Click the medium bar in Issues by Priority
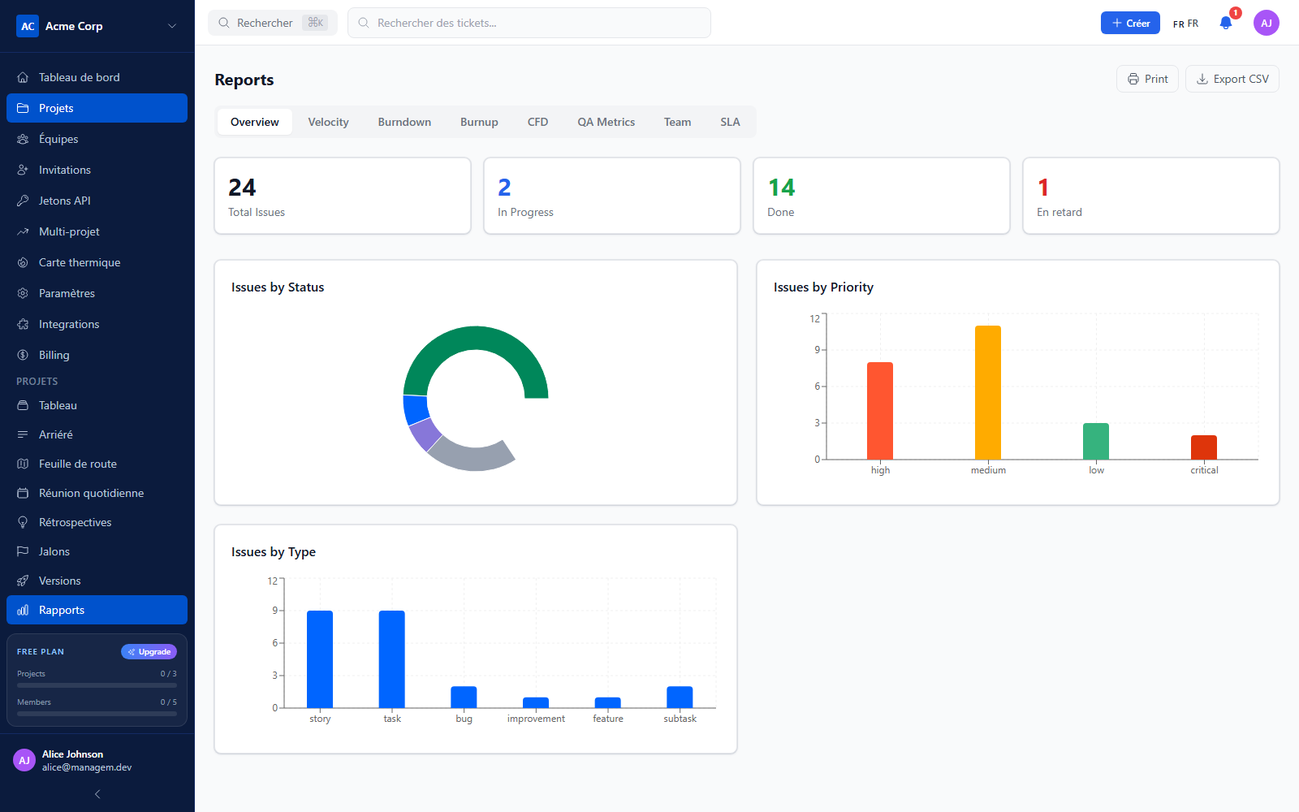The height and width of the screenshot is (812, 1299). [987, 393]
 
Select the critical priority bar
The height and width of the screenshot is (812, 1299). [1204, 447]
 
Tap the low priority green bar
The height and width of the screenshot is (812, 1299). [1096, 442]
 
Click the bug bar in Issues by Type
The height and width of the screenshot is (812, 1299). [464, 698]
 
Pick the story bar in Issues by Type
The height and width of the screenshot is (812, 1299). [320, 659]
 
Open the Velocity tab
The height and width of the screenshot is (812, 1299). [328, 122]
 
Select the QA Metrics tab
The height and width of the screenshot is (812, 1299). [606, 122]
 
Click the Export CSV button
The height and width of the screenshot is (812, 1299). [1232, 79]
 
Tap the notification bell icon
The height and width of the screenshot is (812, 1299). [1225, 24]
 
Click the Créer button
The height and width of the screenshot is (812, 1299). [1130, 24]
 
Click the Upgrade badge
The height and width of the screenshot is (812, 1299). [149, 652]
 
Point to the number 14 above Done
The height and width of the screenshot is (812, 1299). [781, 188]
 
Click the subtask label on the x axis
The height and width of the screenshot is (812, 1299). [680, 719]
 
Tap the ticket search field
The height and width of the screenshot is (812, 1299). [529, 24]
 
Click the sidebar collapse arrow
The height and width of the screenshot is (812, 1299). [97, 794]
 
